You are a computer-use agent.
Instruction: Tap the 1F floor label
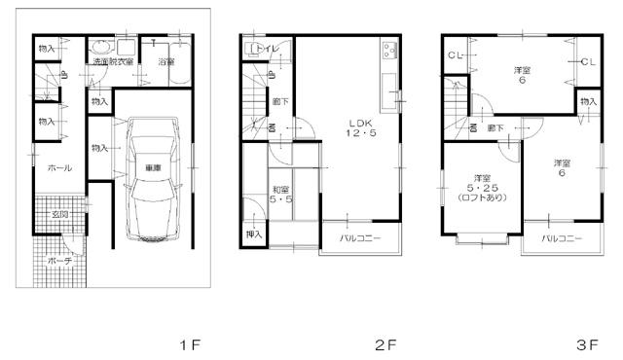(x=189, y=344)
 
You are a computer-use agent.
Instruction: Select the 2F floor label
(x=386, y=344)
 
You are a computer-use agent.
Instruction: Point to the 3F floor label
(x=586, y=344)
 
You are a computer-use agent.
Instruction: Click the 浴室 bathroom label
(x=165, y=62)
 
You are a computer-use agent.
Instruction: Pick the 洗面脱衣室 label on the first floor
(x=114, y=62)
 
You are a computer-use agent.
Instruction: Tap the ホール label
(x=57, y=167)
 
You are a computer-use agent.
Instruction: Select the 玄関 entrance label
(x=57, y=214)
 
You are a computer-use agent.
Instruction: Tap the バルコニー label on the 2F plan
(x=360, y=236)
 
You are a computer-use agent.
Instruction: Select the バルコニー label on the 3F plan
(x=562, y=236)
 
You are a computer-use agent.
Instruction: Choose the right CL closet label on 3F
(x=587, y=62)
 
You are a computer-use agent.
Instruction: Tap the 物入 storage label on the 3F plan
(x=587, y=100)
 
